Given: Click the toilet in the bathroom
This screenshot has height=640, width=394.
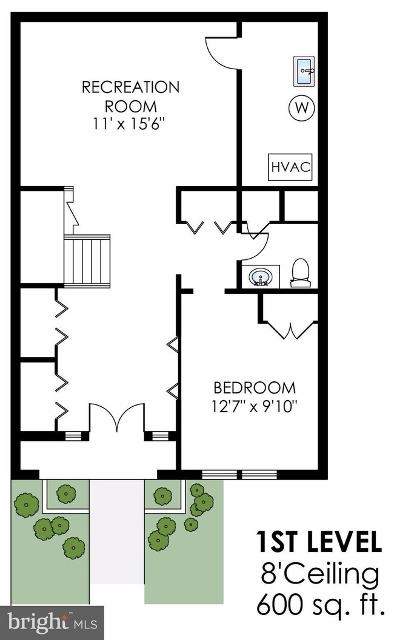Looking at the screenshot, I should coord(300,272).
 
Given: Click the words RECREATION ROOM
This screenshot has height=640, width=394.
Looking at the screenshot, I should coord(130,97).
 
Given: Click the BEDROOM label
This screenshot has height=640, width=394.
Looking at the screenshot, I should coord(255,387).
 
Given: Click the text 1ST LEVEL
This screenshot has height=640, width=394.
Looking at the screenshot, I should coord(319,542).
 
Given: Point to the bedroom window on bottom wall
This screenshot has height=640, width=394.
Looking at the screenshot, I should coord(239,474).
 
